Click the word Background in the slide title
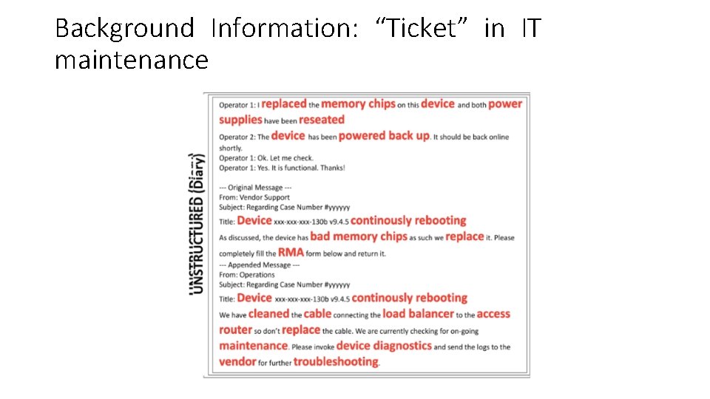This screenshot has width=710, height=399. coord(124,29)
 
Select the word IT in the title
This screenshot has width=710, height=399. coord(530,29)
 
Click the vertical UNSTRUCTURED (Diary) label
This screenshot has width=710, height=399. coord(197,223)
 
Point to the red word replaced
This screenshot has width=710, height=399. coord(284,104)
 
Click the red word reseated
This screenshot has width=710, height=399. coord(322,120)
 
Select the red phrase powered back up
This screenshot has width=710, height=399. coord(384,136)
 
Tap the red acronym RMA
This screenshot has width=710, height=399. coord(291,253)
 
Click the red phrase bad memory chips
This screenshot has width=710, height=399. coord(359,236)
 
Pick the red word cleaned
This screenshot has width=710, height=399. coord(268,314)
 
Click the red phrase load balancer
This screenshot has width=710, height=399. coord(419,314)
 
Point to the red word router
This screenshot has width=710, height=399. coord(236,330)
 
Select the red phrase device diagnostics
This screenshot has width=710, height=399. coord(384,346)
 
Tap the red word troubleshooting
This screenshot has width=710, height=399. coord(336,362)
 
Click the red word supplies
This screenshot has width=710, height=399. coord(241,120)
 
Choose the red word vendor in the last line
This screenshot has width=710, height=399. coord(237,362)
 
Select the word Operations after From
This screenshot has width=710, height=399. coord(257,275)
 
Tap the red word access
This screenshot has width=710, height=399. coord(493,314)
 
